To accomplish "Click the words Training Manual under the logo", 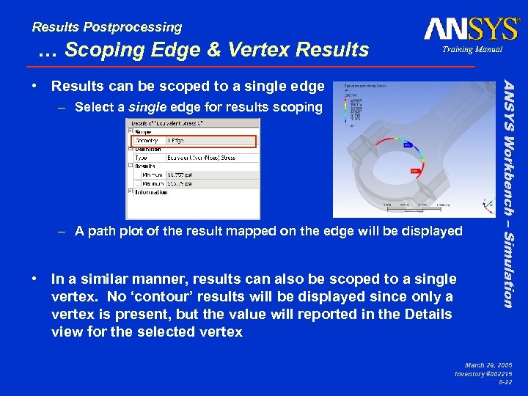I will click(472, 50).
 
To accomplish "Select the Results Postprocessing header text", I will click(107, 27).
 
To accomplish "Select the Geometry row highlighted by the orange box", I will click(192, 141).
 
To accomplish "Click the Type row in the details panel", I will click(192, 158).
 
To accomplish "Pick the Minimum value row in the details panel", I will click(192, 175).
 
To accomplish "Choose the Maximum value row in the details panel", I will click(192, 183).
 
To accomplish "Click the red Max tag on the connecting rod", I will click(415, 172).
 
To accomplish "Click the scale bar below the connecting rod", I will click(411, 208).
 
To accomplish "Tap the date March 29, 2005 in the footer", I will click(488, 364).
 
